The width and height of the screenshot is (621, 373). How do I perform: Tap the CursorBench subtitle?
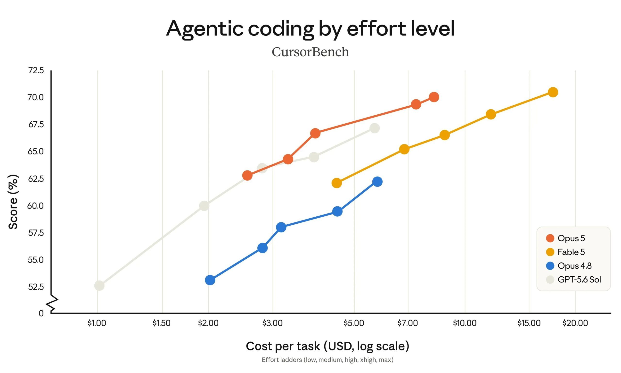(x=310, y=52)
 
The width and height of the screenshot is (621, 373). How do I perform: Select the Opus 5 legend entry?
(x=565, y=238)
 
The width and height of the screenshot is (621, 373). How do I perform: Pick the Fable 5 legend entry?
(x=565, y=252)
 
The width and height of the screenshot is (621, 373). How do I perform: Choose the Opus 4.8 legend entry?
(x=569, y=266)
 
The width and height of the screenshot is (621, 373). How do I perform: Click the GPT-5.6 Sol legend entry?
(x=573, y=280)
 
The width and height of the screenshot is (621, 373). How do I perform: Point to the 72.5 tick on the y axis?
(x=36, y=70)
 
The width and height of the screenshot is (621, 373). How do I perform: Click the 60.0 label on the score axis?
(x=35, y=206)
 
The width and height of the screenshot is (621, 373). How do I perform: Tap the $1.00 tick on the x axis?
(x=97, y=323)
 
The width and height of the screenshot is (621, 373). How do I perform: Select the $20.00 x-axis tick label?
(x=575, y=323)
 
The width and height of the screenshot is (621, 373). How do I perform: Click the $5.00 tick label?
(x=354, y=323)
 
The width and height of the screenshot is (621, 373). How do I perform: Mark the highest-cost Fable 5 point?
(x=553, y=92)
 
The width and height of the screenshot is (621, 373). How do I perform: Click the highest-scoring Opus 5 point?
(x=434, y=97)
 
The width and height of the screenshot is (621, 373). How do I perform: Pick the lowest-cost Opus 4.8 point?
(x=210, y=280)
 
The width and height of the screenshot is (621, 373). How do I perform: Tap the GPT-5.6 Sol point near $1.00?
(x=99, y=286)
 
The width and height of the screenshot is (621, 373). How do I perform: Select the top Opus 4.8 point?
(x=377, y=181)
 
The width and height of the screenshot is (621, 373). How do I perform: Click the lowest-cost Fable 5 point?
(x=337, y=183)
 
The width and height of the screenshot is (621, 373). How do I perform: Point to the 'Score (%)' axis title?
(x=13, y=202)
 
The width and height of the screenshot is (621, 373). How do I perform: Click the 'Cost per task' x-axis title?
(x=327, y=346)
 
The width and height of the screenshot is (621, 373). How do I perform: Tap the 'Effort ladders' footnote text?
(x=327, y=360)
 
